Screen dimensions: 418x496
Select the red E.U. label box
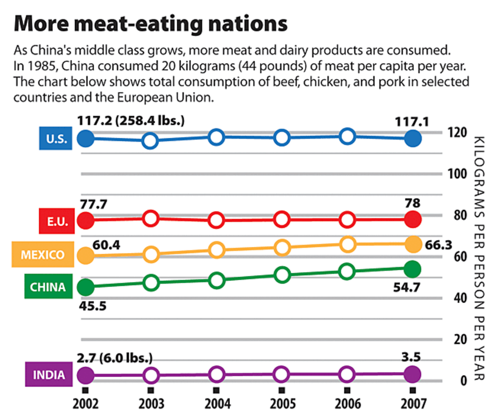(x=54, y=221)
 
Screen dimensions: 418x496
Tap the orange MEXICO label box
(x=43, y=255)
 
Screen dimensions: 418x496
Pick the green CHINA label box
(x=48, y=287)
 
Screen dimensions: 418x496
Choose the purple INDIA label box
(x=49, y=375)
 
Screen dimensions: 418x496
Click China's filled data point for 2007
(x=412, y=269)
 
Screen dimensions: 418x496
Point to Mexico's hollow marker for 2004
(x=216, y=250)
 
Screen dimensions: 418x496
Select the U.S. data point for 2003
(x=151, y=141)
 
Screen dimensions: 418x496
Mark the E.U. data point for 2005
(x=282, y=220)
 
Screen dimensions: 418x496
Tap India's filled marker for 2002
(x=85, y=375)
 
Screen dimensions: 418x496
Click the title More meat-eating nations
(x=150, y=24)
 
